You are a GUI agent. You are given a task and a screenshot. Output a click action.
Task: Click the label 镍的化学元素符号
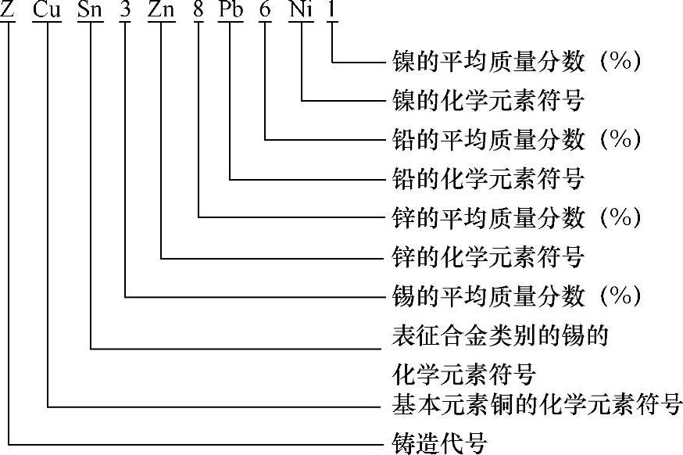[488, 101]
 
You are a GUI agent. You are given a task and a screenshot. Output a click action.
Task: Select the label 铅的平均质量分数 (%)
[516, 140]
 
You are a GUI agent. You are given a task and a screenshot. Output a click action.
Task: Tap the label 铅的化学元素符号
[488, 179]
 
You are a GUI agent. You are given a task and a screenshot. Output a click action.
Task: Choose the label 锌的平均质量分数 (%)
[516, 217]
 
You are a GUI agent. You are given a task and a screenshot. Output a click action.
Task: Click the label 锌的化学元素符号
[488, 256]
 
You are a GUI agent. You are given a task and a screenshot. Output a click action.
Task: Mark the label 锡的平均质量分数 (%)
[516, 296]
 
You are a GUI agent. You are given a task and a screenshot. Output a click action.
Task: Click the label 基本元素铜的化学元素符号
[536, 406]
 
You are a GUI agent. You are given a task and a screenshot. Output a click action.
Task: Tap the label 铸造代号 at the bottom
[438, 443]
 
